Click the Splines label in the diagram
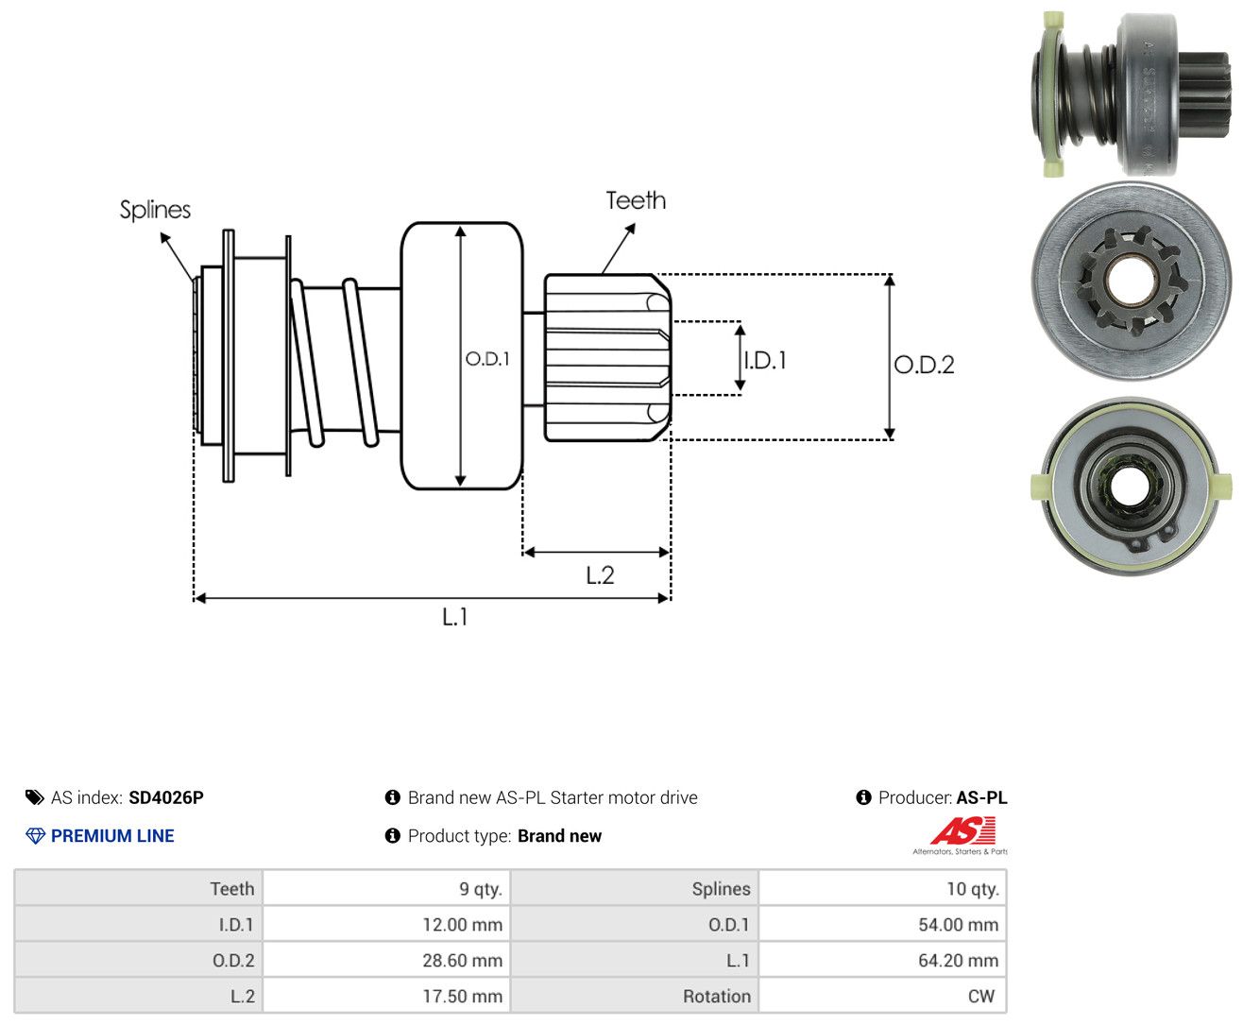click(x=155, y=210)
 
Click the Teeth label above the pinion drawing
click(x=635, y=200)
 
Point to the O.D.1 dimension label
click(x=487, y=358)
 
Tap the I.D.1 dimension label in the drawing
click(x=765, y=360)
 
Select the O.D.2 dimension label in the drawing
click(x=924, y=365)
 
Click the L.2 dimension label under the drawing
click(x=600, y=575)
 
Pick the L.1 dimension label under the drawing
click(x=455, y=617)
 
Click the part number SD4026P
click(x=166, y=797)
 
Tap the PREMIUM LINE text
click(x=112, y=835)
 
